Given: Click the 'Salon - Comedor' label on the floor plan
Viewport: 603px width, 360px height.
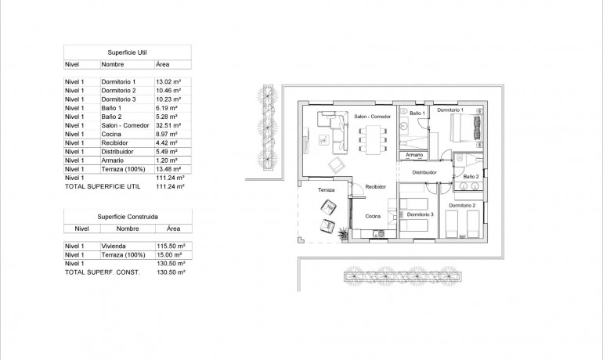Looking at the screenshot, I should click(372, 117).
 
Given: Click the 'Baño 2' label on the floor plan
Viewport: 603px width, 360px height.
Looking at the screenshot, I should click(471, 177).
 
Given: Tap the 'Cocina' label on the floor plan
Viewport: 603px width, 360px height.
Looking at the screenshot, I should click(374, 215).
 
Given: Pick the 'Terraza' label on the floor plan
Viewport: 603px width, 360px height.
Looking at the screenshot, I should click(326, 190).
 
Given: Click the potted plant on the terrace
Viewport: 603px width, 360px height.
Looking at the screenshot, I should click(343, 234).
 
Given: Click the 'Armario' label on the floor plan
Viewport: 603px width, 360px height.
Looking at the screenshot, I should click(413, 156).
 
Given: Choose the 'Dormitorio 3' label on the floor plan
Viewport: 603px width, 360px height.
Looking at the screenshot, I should click(421, 214).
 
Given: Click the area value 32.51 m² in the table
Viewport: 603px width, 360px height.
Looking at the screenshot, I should click(168, 125).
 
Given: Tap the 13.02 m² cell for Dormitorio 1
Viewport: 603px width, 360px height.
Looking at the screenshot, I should click(168, 82).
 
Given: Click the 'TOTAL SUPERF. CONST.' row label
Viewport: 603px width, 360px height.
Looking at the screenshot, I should click(97, 272).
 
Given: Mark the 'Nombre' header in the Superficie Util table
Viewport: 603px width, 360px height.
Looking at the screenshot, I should click(114, 65).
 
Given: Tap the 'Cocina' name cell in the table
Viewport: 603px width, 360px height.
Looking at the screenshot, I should click(111, 134).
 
